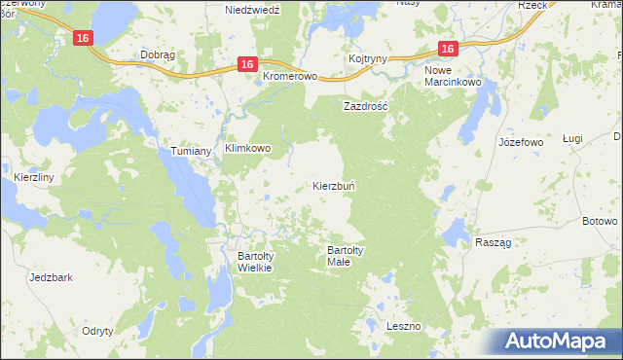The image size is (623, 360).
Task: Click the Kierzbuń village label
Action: point(339,185)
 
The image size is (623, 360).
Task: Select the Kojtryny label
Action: point(368,60)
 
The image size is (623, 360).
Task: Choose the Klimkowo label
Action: point(255,149)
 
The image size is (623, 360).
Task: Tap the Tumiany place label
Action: point(192,152)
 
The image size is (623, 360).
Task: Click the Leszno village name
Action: point(402,325)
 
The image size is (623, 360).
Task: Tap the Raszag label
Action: point(494,241)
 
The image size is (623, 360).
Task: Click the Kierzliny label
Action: point(34,178)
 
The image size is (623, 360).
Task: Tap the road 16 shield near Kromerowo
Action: point(247,64)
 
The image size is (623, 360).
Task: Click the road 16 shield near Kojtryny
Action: point(447,49)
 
